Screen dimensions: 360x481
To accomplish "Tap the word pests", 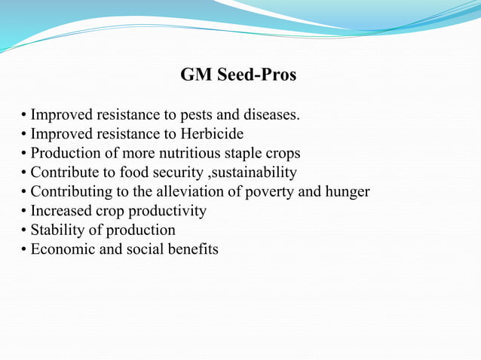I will click(x=204, y=115).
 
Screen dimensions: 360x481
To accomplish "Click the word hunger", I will click(x=348, y=191).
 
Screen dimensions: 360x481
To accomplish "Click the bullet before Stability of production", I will click(x=25, y=230).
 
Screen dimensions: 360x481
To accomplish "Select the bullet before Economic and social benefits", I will click(x=25, y=249).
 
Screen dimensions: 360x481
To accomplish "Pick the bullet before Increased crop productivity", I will click(x=25, y=212).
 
